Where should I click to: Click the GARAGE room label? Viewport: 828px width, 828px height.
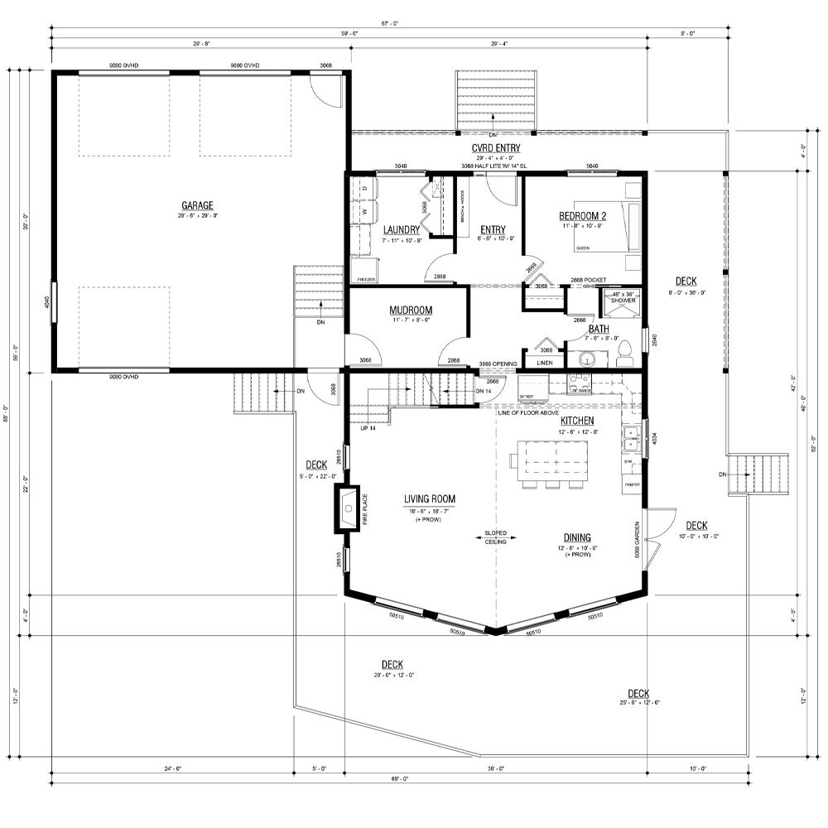[x=198, y=205]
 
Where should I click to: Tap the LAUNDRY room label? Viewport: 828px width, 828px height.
[x=402, y=229]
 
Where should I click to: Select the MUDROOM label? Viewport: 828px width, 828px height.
[x=411, y=310]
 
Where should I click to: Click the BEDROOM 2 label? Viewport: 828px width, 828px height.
[x=583, y=216]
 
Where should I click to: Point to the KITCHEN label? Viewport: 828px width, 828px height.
[x=576, y=421]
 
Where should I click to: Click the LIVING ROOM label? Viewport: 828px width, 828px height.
[x=430, y=498]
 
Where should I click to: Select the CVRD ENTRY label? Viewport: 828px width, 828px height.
[x=495, y=148]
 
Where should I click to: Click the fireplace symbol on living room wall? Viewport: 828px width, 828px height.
[x=347, y=506]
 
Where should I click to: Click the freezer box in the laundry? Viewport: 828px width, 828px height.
[x=363, y=271]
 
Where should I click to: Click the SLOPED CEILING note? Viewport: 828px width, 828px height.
[x=495, y=537]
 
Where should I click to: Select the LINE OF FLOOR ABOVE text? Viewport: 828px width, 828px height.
[x=527, y=412]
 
